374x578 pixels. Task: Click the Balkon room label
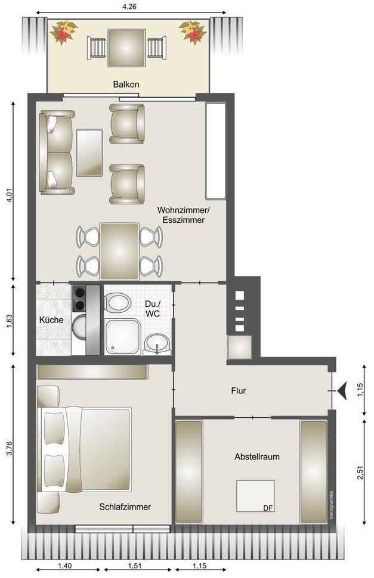tap(126, 85)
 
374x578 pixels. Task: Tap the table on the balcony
tap(126, 48)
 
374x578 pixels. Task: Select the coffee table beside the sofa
tap(89, 153)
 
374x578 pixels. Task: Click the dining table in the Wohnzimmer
tap(119, 251)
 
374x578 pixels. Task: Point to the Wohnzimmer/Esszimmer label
tap(183, 215)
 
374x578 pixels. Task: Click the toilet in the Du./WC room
tap(118, 303)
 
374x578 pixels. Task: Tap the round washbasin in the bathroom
tap(157, 344)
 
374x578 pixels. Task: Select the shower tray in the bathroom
tap(123, 337)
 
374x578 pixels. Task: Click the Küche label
tap(51, 320)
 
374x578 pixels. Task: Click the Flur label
tap(238, 391)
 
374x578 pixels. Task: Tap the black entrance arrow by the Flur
tap(342, 391)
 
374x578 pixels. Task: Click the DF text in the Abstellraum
tap(268, 508)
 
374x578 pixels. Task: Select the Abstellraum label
tap(257, 456)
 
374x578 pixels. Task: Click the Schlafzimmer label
tap(125, 507)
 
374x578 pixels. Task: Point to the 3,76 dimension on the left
tap(9, 446)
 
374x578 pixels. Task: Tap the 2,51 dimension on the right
tap(360, 473)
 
